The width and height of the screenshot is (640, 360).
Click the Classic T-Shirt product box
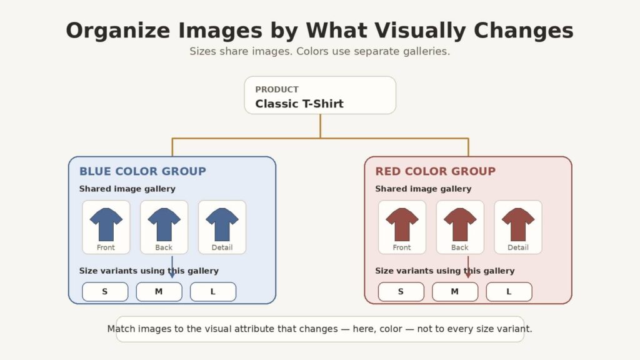pyautogui.click(x=320, y=95)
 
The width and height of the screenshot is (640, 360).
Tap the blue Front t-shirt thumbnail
pyautogui.click(x=106, y=227)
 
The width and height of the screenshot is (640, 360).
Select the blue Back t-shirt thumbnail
pyautogui.click(x=164, y=227)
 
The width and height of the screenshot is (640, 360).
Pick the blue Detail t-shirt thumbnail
pyautogui.click(x=222, y=227)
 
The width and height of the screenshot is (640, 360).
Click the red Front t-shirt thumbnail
pyautogui.click(x=402, y=227)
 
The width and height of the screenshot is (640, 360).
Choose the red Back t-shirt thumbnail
pyautogui.click(x=460, y=227)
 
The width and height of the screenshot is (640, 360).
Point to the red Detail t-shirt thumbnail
pyautogui.click(x=518, y=227)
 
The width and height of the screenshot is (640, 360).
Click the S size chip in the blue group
pyautogui.click(x=105, y=291)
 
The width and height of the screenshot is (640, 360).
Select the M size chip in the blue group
pyautogui.click(x=159, y=291)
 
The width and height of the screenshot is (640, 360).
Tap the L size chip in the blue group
pyautogui.click(x=213, y=291)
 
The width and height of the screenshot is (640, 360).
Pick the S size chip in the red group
pyautogui.click(x=401, y=291)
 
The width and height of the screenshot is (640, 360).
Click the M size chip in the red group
pyautogui.click(x=455, y=291)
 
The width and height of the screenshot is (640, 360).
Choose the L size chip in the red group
pyautogui.click(x=509, y=291)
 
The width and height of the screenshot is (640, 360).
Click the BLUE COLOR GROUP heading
pyautogui.click(x=142, y=171)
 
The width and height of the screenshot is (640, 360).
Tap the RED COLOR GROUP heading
pyautogui.click(x=436, y=171)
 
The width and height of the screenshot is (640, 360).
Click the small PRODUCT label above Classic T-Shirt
pyautogui.click(x=277, y=89)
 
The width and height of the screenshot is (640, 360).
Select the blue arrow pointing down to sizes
pyautogui.click(x=172, y=267)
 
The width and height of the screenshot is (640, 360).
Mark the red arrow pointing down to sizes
pyautogui.click(x=468, y=267)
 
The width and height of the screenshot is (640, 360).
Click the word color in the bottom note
pyautogui.click(x=391, y=329)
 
